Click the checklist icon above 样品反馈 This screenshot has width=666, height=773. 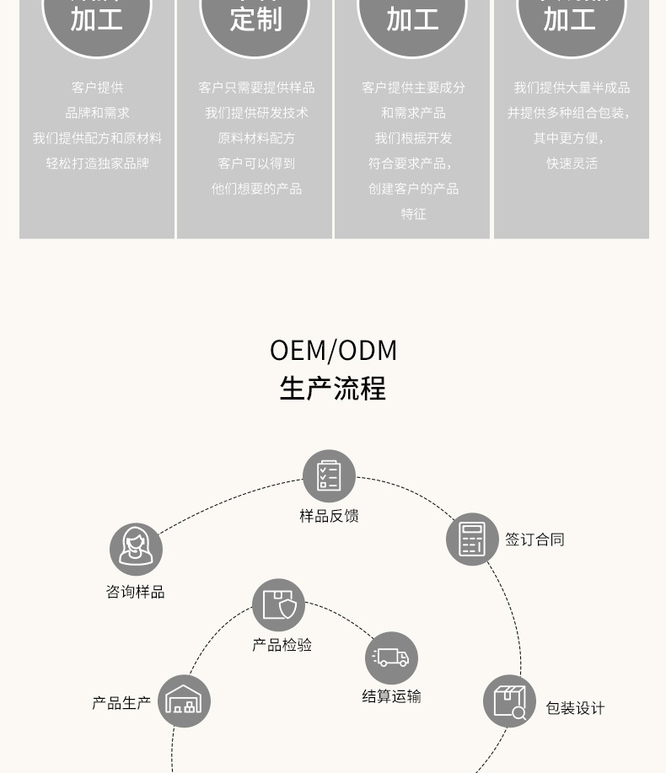pos(329,475)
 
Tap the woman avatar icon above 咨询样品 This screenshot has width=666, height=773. pos(136,549)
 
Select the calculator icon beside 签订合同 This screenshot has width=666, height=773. pos(472,539)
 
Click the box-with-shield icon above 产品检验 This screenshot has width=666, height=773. pos(278,604)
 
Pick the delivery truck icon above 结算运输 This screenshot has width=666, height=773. pos(391,658)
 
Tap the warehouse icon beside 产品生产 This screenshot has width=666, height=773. pos(184,701)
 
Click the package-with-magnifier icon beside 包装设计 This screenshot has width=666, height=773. pos(509,701)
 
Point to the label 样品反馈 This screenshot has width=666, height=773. pos(329,516)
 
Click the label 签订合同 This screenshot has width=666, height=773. pos(534,539)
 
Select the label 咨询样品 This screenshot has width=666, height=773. pos(136,592)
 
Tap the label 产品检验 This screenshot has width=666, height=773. pos(282,645)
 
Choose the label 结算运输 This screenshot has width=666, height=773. pos(391,696)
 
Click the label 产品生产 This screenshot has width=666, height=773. pos(121,702)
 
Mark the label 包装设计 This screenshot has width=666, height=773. pos(575,708)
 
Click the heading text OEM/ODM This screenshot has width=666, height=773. pos(333,350)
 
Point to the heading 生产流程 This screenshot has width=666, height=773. pos(333,389)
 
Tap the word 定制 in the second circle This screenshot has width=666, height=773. pos(255,19)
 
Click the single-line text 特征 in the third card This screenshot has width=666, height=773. pos(413,214)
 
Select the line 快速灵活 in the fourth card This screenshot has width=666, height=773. pos(572,164)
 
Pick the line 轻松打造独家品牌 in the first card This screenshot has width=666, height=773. pos(97,164)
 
